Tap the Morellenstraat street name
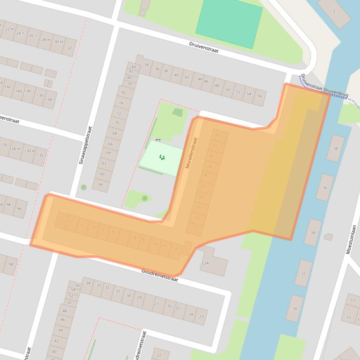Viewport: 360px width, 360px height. pyautogui.click(x=192, y=152)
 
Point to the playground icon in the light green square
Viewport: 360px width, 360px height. pyautogui.click(x=162, y=158)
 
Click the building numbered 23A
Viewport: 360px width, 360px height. pyautogui.click(x=206, y=263)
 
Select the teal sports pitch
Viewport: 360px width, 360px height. pyautogui.click(x=229, y=22)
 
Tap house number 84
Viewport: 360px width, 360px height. pyautogui.click(x=134, y=67)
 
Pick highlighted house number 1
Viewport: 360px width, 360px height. pyautogui.click(x=62, y=219)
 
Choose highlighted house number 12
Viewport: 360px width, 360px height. pyautogui.click(x=175, y=248)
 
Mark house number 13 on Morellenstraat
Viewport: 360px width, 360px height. pyautogui.click(x=194, y=227)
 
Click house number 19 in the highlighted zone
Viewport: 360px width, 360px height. pyautogui.click(x=209, y=167)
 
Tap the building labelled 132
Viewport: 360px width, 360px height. pyautogui.click(x=40, y=155)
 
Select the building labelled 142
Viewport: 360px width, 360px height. pyautogui.click(x=7, y=87)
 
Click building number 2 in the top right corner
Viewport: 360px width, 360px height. pyautogui.click(x=334, y=11)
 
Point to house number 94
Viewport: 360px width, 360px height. pyautogui.click(x=11, y=265)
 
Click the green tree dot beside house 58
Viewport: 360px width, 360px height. pyautogui.click(x=84, y=187)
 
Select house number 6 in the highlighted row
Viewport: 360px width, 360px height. pyautogui.click(x=113, y=231)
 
